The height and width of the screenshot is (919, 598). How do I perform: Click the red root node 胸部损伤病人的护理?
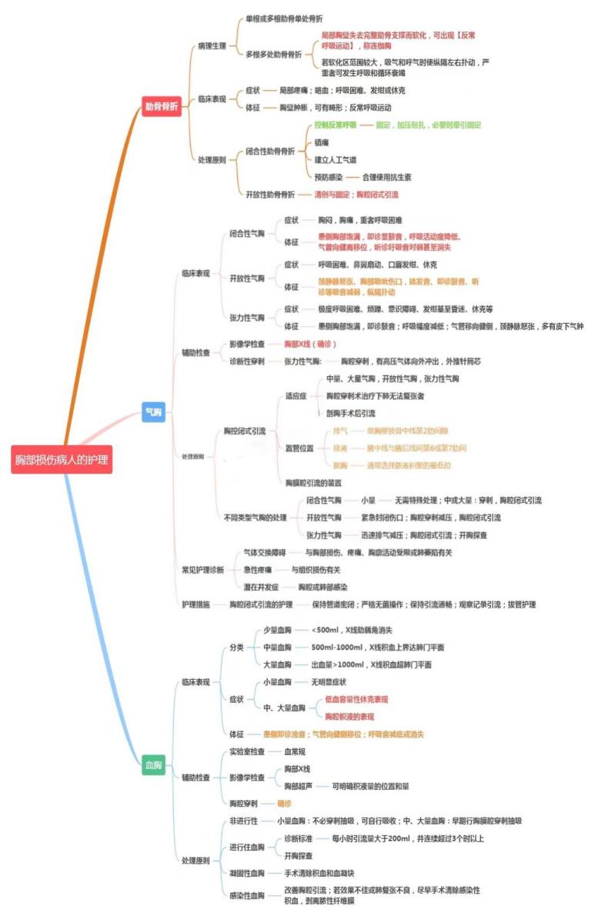[x=62, y=461]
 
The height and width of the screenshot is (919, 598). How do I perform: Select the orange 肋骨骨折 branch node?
[x=162, y=107]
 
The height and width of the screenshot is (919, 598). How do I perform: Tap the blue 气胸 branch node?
[x=154, y=412]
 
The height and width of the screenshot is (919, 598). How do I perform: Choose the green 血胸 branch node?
[x=154, y=765]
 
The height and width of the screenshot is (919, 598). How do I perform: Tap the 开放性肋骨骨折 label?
[x=270, y=195]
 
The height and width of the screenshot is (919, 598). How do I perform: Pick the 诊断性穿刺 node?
[x=247, y=361]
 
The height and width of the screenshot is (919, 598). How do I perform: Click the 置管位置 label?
[x=299, y=448]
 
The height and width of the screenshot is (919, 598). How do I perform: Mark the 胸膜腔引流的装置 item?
[x=313, y=482]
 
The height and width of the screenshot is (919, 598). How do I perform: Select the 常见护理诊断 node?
[x=202, y=570]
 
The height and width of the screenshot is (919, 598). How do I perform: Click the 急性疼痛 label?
[x=260, y=570]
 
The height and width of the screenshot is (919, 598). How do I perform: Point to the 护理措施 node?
[x=195, y=604]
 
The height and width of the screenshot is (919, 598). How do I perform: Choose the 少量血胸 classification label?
[x=277, y=630]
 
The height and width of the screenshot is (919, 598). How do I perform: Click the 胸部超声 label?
[x=299, y=786]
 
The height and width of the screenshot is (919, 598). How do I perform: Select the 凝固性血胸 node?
[x=247, y=873]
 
